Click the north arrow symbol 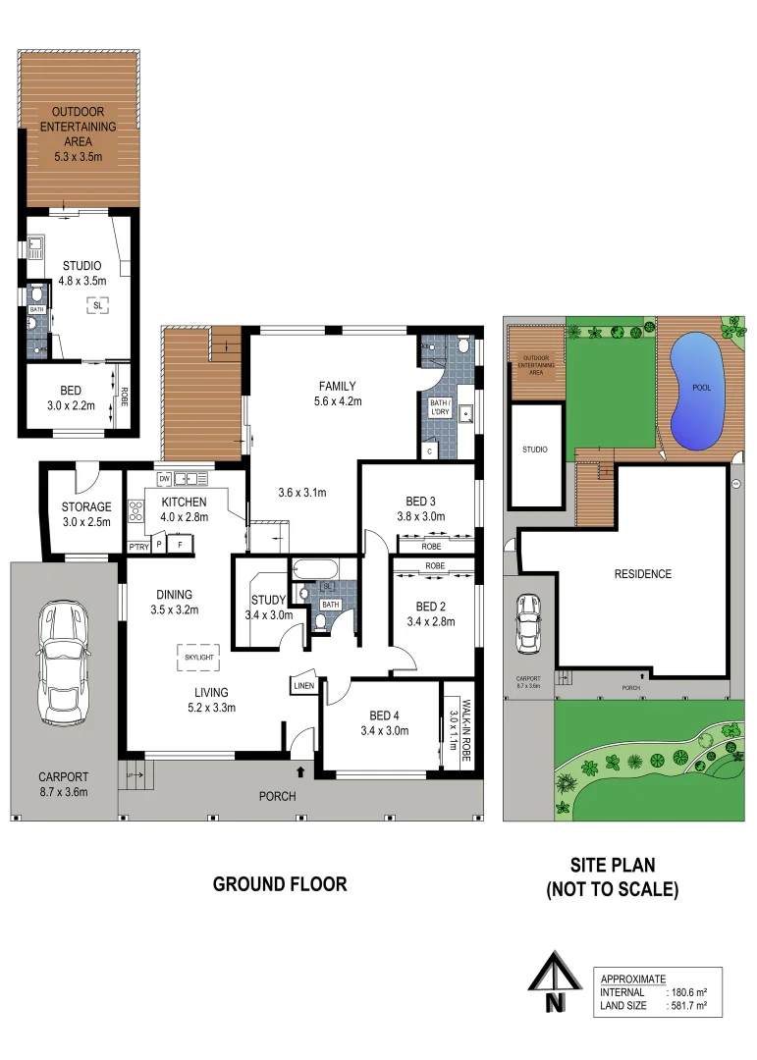tap(556, 984)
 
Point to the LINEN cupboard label tap(303, 686)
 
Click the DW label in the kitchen tap(164, 479)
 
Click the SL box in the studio tap(97, 305)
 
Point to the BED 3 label tap(421, 502)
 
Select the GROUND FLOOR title tap(280, 884)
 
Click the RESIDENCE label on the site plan tap(642, 574)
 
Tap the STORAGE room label tap(86, 506)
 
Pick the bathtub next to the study tap(314, 568)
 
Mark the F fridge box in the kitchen tap(180, 544)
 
